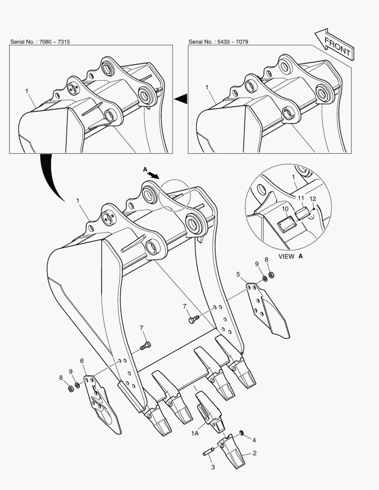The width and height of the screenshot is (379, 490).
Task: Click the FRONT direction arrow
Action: tap(335, 44)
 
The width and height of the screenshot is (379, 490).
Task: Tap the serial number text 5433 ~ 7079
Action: tap(233, 42)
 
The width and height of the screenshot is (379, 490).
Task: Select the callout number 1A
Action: tap(195, 433)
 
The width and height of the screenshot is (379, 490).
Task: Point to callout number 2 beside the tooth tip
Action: tap(255, 453)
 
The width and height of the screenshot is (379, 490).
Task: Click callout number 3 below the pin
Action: tap(213, 467)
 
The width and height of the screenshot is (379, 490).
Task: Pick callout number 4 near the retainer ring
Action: tap(254, 440)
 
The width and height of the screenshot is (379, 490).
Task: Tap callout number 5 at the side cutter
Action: tap(238, 274)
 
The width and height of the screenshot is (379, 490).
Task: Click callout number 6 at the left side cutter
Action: tap(82, 361)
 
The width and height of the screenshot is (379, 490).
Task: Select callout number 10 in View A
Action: tap(285, 209)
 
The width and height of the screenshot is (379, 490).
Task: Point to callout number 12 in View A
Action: tap(313, 199)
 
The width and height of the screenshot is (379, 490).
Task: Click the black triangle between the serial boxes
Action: tap(181, 99)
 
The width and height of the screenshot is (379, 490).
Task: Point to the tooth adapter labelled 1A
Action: tap(210, 411)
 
